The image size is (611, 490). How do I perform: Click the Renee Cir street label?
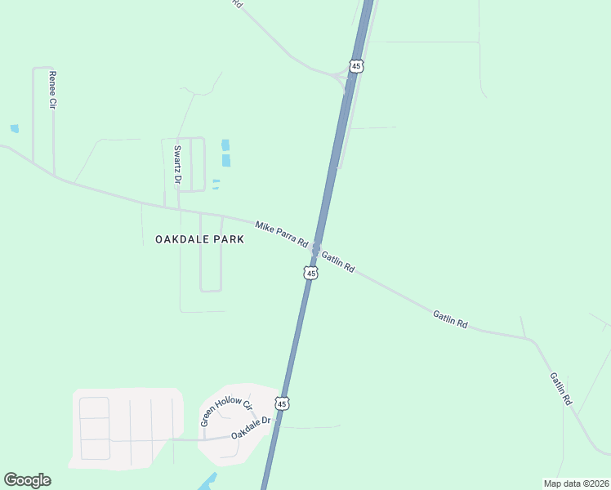[x=52, y=90]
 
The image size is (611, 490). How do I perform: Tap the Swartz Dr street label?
[x=177, y=163]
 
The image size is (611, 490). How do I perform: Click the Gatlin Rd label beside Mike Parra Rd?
[x=338, y=261]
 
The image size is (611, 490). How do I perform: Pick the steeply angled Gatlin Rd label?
[x=560, y=390]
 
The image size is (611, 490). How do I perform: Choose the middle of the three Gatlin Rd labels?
[x=450, y=319]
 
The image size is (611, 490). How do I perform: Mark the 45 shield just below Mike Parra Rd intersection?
[x=310, y=273]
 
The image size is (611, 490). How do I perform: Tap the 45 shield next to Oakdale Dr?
[x=282, y=403]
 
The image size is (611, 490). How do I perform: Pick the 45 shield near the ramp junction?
[x=355, y=65]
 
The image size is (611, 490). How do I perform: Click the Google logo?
[x=27, y=480]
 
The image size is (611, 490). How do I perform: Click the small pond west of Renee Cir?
[x=14, y=128]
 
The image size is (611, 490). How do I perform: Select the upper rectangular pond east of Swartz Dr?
[x=225, y=145]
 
